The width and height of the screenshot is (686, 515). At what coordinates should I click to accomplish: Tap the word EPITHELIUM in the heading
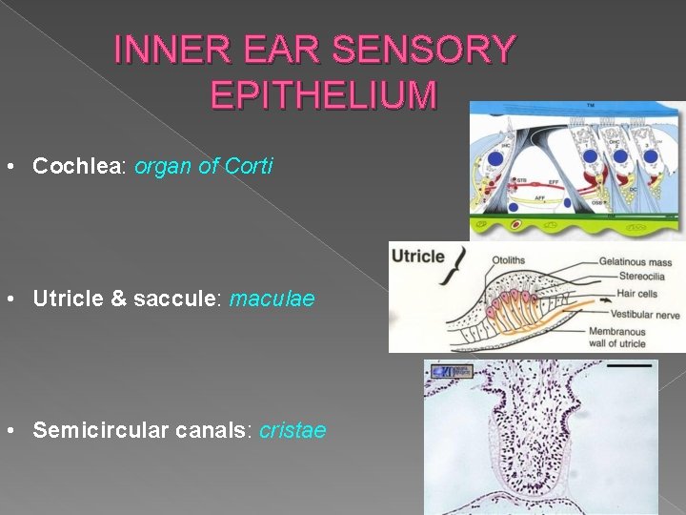[323, 95]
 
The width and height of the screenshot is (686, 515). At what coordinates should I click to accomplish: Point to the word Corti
[249, 166]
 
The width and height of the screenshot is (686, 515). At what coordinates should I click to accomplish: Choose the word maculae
[272, 299]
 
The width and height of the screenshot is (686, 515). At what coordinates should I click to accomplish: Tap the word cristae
[293, 430]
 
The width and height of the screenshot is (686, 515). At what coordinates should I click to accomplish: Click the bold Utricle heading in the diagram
[418, 256]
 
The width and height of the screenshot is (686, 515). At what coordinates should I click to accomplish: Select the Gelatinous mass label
[636, 261]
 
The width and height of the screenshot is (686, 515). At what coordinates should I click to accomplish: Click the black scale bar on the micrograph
[629, 365]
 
